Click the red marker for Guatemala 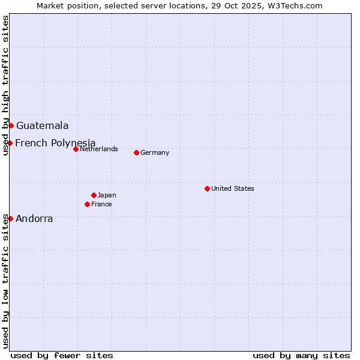11,125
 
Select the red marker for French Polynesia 10,143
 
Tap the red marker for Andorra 10,218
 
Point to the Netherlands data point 76,149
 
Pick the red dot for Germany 136,152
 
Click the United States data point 207,188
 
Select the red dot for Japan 94,195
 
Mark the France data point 88,204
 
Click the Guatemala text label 42,126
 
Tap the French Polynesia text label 55,143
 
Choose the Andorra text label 34,219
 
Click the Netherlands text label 99,149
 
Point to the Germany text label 155,152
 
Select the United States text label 233,188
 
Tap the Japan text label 107,195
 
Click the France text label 101,204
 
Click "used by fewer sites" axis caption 62,355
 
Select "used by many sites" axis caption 301,355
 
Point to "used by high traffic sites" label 5,85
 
